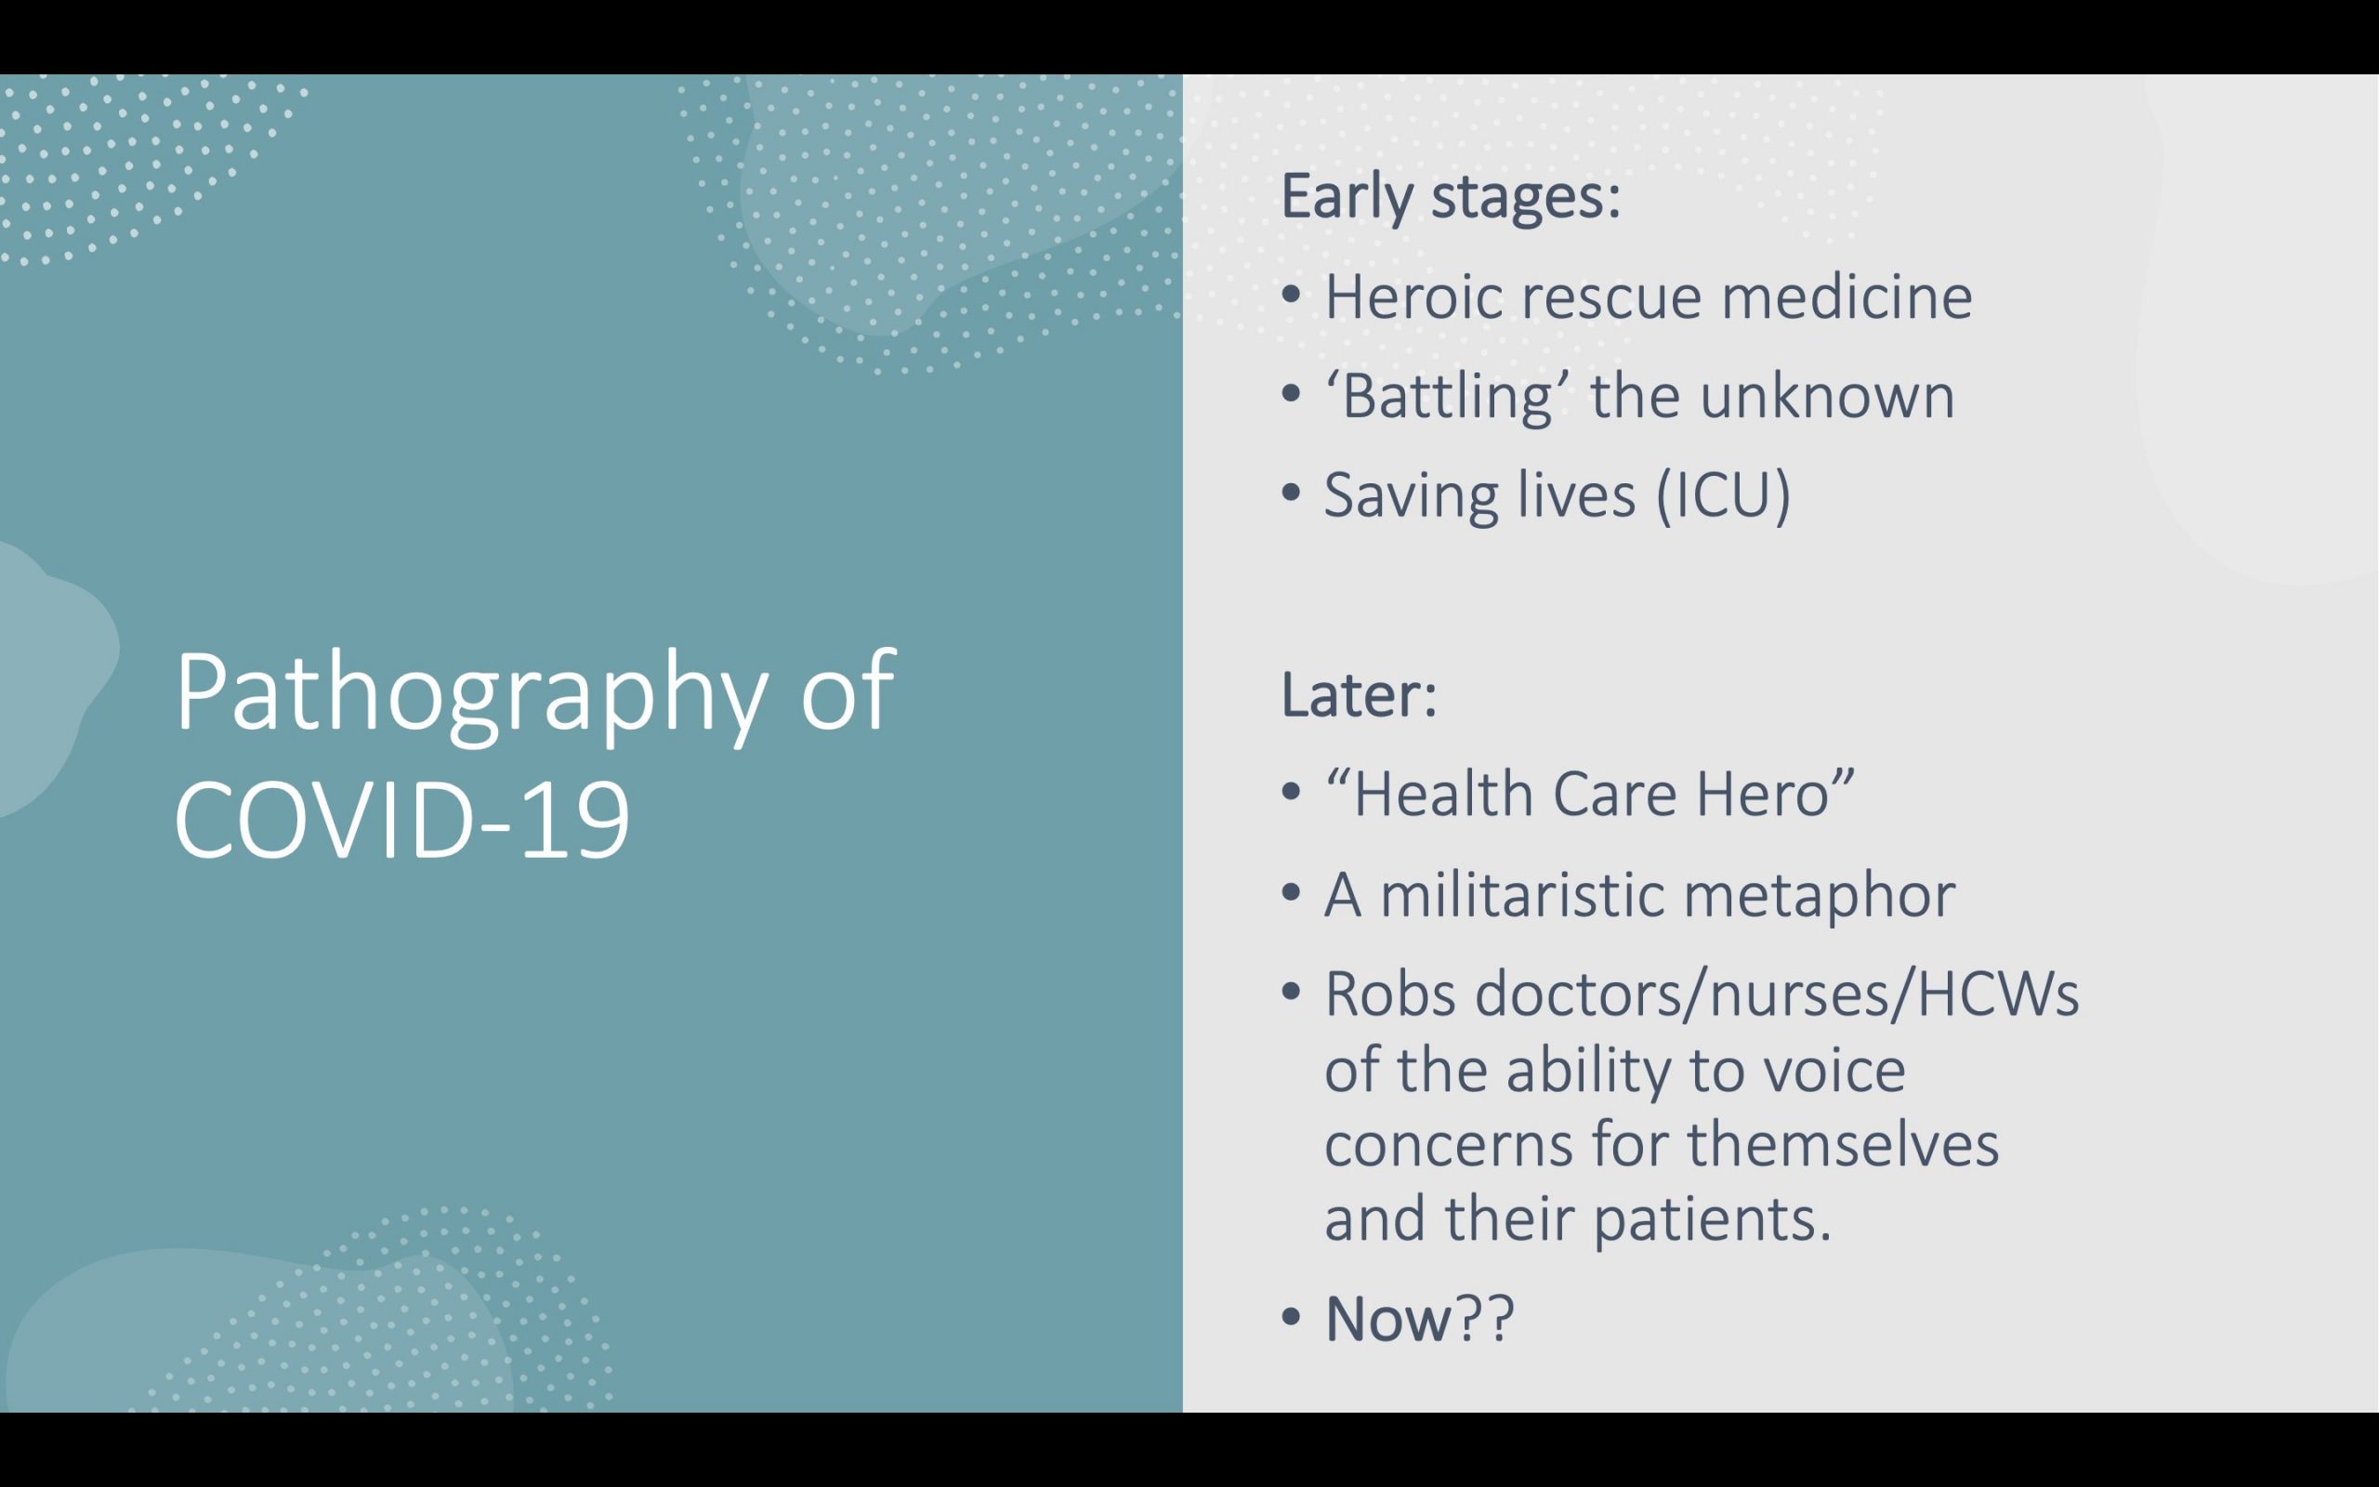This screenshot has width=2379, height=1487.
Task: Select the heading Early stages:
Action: [1451, 198]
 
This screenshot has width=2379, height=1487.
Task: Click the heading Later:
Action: [1360, 694]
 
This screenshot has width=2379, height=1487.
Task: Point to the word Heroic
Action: [1413, 296]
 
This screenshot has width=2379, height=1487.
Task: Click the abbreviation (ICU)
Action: [1723, 493]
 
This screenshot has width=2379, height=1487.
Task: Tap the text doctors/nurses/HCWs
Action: [1778, 994]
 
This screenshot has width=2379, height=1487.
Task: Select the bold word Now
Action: [1387, 1319]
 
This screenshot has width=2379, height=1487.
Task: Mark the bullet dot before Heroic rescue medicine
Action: [1291, 294]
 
